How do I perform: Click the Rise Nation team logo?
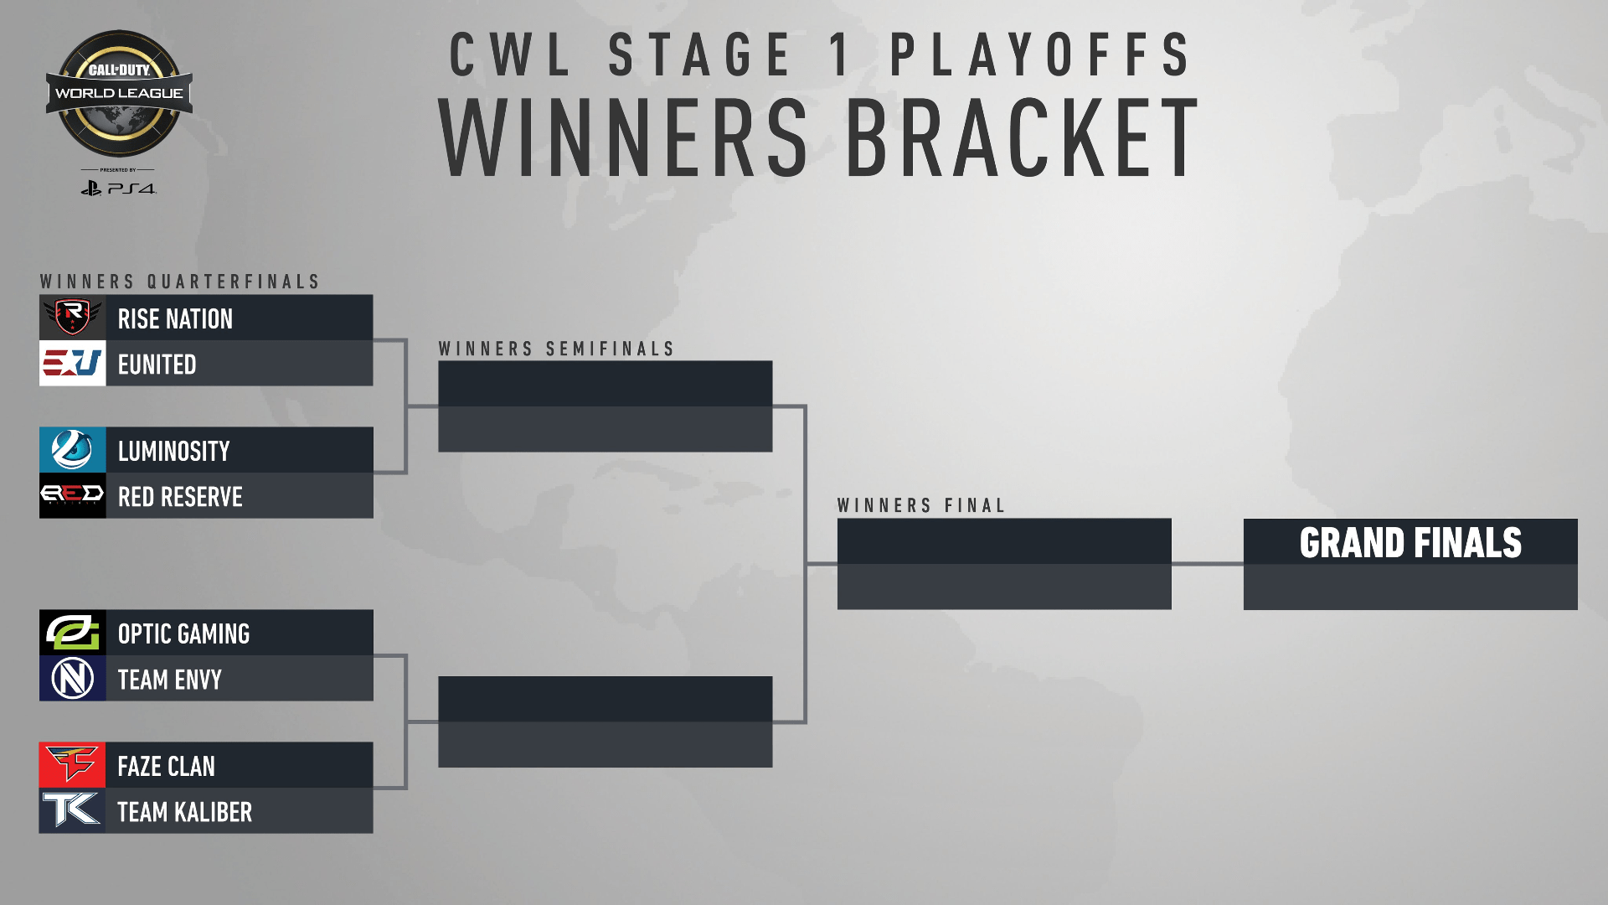72,317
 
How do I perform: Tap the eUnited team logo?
72,363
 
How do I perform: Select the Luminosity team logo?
72,450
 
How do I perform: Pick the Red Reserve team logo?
72,495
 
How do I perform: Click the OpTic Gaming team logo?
72,633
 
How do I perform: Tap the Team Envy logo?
72,678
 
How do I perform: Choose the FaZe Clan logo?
72,765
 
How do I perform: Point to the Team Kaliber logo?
72,810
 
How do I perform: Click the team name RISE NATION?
175,319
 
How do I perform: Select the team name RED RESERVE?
180,497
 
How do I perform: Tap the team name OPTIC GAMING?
183,634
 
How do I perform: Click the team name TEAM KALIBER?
184,812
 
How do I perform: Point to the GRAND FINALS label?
1410,543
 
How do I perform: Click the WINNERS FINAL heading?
921,506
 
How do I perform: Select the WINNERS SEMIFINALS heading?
556,349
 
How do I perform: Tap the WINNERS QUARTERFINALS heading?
180,282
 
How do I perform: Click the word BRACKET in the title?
1023,137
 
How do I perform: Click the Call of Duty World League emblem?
119,94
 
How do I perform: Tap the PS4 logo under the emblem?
118,189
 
